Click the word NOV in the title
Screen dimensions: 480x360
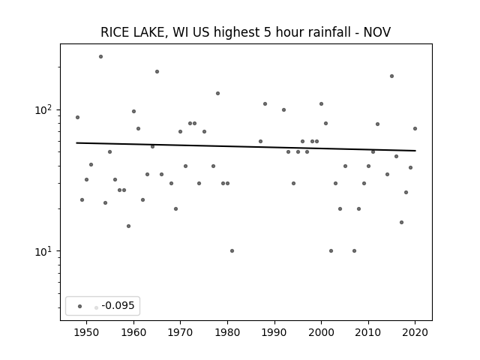pyautogui.click(x=377, y=32)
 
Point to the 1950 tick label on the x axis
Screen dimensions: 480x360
pyautogui.click(x=87, y=332)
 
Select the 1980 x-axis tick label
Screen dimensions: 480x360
pyautogui.click(x=227, y=332)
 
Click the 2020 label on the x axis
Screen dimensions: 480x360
pyautogui.click(x=415, y=332)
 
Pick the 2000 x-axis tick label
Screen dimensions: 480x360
pyautogui.click(x=321, y=332)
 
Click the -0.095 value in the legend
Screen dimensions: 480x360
pyautogui.click(x=118, y=305)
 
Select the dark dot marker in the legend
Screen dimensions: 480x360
pyautogui.click(x=80, y=306)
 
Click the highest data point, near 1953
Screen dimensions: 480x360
pyautogui.click(x=100, y=57)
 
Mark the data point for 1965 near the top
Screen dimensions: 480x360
pyautogui.click(x=157, y=72)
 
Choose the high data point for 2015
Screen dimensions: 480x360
pyautogui.click(x=391, y=76)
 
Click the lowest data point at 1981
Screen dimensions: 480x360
pyautogui.click(x=232, y=251)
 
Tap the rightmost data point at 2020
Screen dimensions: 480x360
pyautogui.click(x=415, y=128)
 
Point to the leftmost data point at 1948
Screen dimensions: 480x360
pyautogui.click(x=77, y=117)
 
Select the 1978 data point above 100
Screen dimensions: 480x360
pyautogui.click(x=218, y=93)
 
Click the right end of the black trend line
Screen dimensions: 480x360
pyautogui.click(x=415, y=151)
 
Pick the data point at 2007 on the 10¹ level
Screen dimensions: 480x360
pyautogui.click(x=354, y=251)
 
